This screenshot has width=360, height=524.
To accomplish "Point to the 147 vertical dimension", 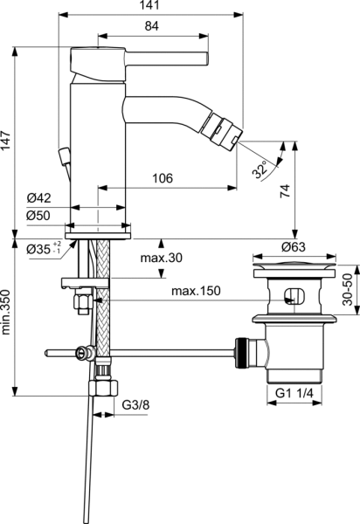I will click(x=8, y=137).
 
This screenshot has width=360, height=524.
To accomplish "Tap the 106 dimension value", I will click(x=162, y=178).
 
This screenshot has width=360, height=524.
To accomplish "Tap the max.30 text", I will click(x=163, y=259).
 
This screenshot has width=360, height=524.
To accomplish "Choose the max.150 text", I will click(x=197, y=290).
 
